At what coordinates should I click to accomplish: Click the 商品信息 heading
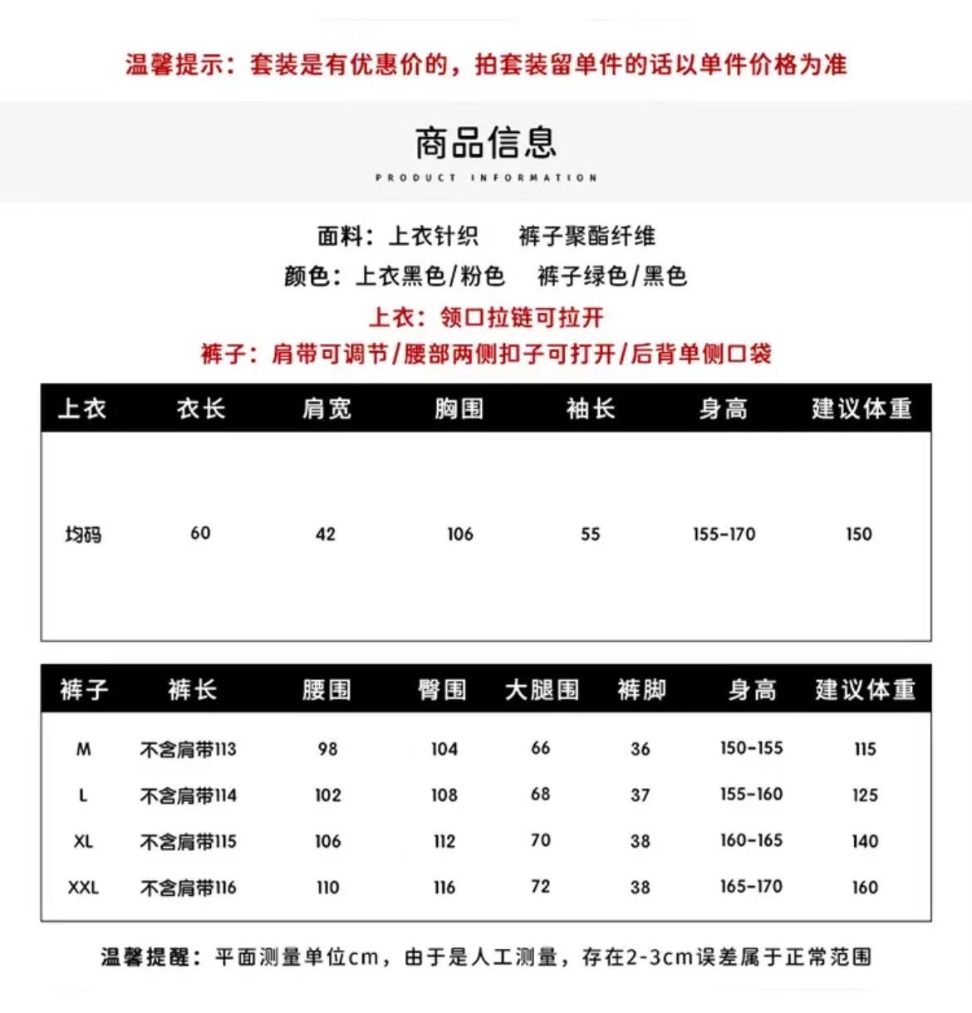click(x=486, y=143)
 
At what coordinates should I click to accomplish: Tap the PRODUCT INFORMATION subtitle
click(x=486, y=178)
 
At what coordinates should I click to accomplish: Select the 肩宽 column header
click(x=326, y=409)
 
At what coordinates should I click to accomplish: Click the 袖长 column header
click(x=591, y=409)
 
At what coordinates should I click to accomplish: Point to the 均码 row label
click(x=83, y=534)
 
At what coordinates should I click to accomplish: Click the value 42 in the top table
click(x=326, y=534)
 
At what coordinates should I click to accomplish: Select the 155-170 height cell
click(x=724, y=534)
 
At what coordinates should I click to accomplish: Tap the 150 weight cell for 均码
click(x=859, y=534)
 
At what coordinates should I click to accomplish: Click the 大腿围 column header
click(x=542, y=690)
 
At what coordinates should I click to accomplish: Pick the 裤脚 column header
click(x=641, y=690)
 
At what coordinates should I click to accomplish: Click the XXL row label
click(x=83, y=888)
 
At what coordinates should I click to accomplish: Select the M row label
click(x=83, y=749)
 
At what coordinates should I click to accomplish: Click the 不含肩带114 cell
click(x=188, y=795)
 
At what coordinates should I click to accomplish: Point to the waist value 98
click(x=327, y=749)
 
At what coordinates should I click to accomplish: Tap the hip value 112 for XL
click(x=444, y=841)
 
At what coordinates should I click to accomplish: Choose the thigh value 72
click(x=541, y=887)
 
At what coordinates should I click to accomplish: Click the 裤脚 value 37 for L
click(x=640, y=795)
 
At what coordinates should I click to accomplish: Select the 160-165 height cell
click(x=751, y=840)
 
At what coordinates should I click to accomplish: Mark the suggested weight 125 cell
click(x=865, y=795)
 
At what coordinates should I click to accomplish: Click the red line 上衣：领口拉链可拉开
click(x=486, y=317)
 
